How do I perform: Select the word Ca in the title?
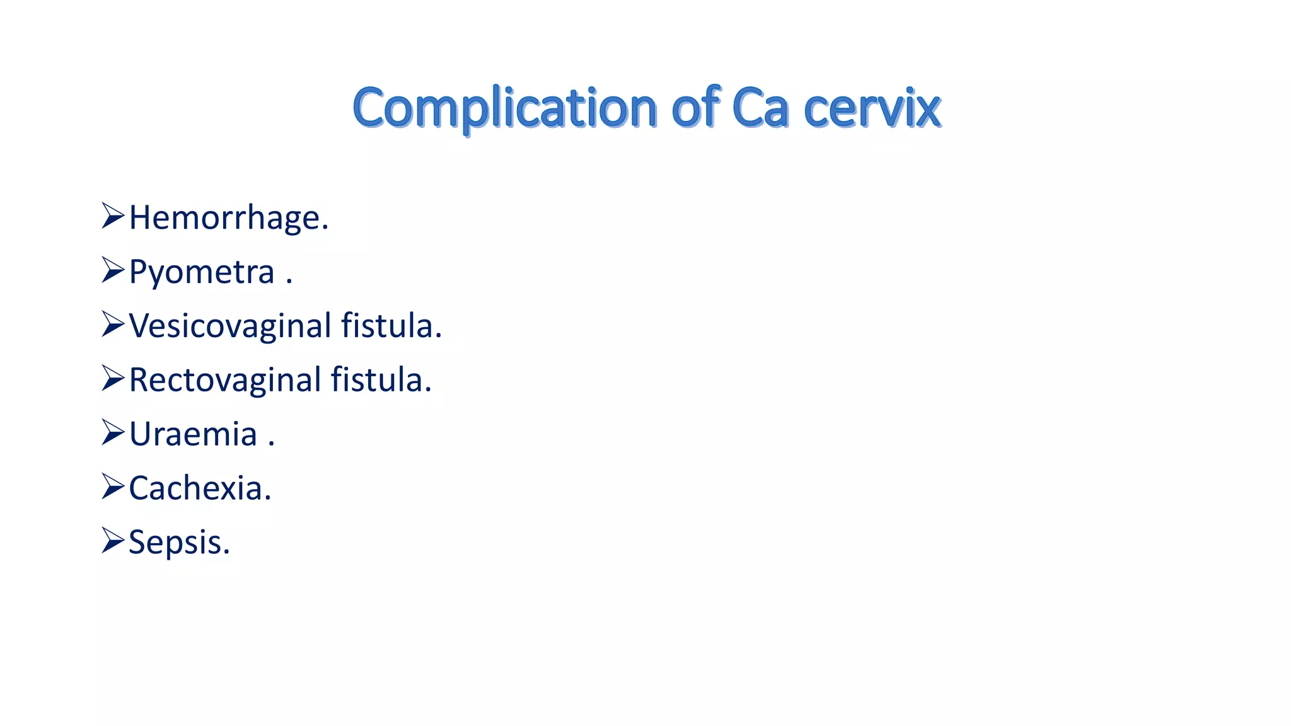coord(760,108)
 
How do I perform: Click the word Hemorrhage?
coord(228,218)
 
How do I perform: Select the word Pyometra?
coord(202,272)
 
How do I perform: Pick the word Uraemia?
coord(194,434)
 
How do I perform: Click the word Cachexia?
coord(200,488)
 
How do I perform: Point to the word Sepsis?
coord(179,542)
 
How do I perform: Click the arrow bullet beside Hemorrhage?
coord(113,216)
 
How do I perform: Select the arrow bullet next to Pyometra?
coord(113,270)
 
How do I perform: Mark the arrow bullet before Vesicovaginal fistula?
coord(113,325)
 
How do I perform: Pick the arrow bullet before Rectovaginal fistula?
coord(113,378)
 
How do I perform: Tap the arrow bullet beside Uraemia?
coord(113,432)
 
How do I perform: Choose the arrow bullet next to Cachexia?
coord(113,487)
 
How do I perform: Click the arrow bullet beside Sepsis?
coord(113,541)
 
